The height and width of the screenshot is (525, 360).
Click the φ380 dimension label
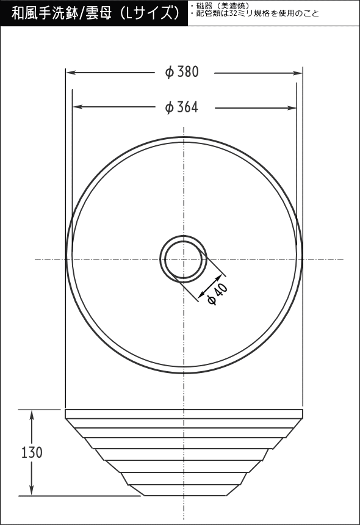pyautogui.click(x=182, y=71)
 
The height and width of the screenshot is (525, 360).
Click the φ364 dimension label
pyautogui.click(x=182, y=107)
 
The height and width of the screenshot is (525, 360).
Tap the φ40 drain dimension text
pyautogui.click(x=218, y=294)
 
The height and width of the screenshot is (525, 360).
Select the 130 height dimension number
pyautogui.click(x=32, y=452)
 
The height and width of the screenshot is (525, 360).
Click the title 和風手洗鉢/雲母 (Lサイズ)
pyautogui.click(x=95, y=13)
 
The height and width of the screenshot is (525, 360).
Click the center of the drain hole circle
pyautogui.click(x=184, y=259)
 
